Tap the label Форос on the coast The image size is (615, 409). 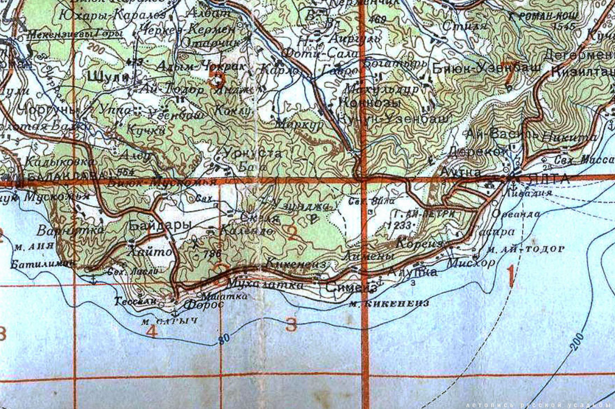[204, 305]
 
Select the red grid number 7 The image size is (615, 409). [509, 78]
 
